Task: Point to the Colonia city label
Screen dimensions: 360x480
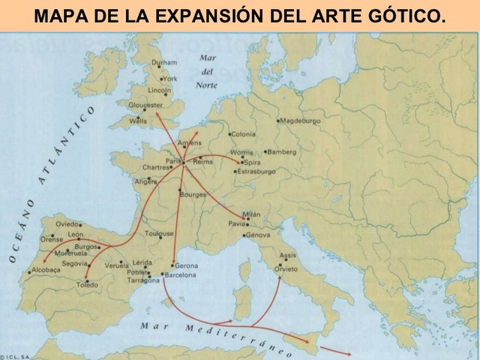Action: click(x=244, y=134)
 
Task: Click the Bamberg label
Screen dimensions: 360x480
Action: click(x=282, y=151)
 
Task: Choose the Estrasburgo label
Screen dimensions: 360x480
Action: click(x=256, y=172)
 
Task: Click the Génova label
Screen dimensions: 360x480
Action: click(x=257, y=235)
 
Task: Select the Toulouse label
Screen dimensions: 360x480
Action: click(x=159, y=234)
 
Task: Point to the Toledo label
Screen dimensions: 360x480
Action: click(x=88, y=285)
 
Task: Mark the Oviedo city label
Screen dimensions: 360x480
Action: click(x=67, y=223)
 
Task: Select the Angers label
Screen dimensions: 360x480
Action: click(x=145, y=181)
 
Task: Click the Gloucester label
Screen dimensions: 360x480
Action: click(x=145, y=105)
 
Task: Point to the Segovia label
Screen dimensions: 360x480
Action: click(x=74, y=263)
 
